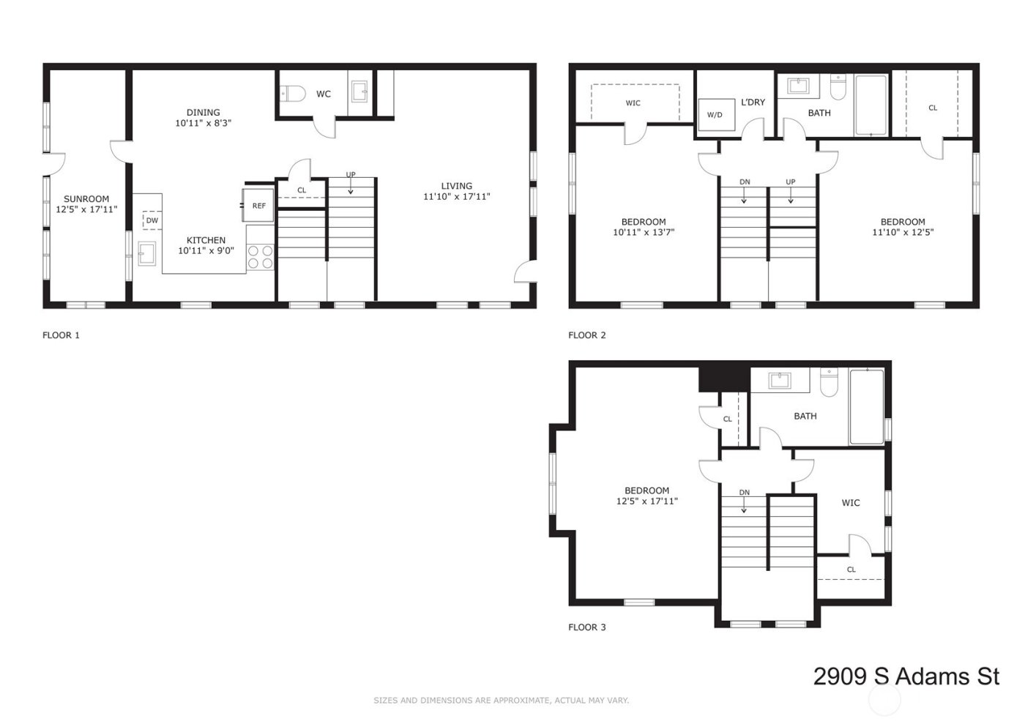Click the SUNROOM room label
[86, 199]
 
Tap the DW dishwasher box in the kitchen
[152, 220]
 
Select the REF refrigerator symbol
[258, 206]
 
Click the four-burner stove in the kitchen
[260, 256]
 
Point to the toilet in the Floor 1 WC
[293, 94]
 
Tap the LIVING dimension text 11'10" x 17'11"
[456, 197]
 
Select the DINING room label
[203, 113]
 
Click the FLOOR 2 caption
[587, 335]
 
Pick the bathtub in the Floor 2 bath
[871, 105]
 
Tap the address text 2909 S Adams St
[906, 676]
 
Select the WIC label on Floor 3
[851, 503]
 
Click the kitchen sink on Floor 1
[146, 253]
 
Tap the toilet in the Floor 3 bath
[829, 383]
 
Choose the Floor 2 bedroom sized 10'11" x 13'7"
[644, 227]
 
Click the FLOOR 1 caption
[61, 335]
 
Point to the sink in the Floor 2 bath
[798, 86]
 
